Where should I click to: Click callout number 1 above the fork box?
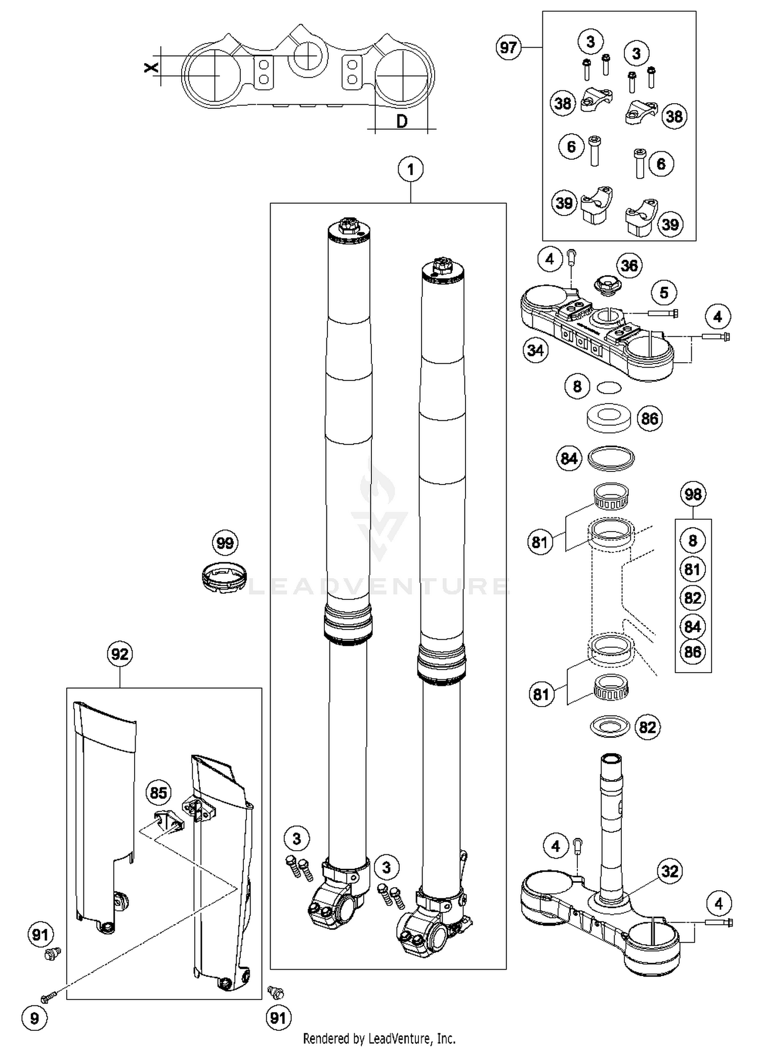(x=410, y=169)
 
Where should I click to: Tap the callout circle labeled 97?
(x=508, y=48)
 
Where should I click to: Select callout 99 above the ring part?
(x=225, y=543)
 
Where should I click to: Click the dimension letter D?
(x=402, y=121)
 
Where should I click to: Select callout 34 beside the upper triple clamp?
(x=535, y=350)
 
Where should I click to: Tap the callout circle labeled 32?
(x=669, y=871)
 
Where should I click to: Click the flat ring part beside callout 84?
(x=611, y=458)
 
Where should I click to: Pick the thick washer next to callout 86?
(x=609, y=417)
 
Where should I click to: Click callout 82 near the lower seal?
(x=647, y=727)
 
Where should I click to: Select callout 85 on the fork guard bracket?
(x=158, y=793)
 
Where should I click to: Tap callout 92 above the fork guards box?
(x=120, y=654)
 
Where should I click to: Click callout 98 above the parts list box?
(x=693, y=494)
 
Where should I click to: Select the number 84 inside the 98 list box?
(x=692, y=627)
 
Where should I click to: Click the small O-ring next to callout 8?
(x=609, y=387)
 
